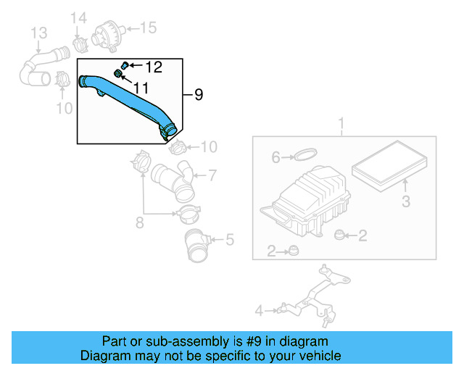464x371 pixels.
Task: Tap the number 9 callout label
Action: (x=199, y=94)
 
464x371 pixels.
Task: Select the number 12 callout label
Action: (x=154, y=67)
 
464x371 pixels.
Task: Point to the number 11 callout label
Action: (x=140, y=88)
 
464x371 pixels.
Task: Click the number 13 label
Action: (x=38, y=33)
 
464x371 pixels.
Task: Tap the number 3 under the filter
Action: (x=406, y=201)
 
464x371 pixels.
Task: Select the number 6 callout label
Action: (x=275, y=157)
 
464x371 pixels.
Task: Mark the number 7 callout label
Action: (x=212, y=175)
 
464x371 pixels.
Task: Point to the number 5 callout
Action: (x=229, y=238)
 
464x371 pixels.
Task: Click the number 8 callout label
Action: (x=139, y=223)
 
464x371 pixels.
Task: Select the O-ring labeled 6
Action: (x=307, y=154)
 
